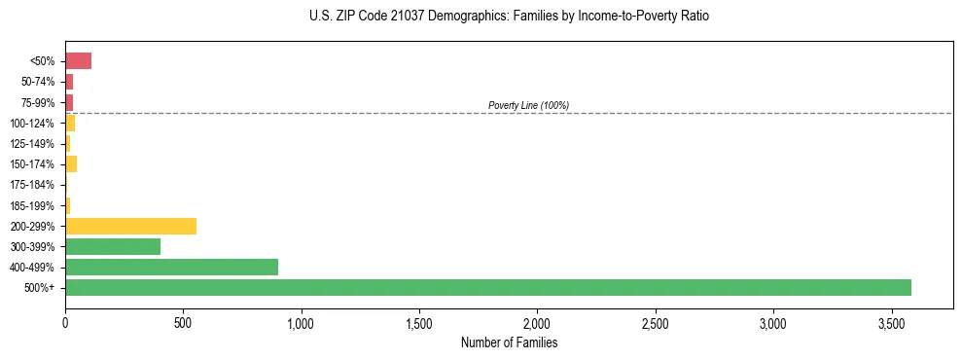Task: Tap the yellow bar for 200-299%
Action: tap(130, 226)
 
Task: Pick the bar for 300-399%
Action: tap(113, 246)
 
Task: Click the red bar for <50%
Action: tap(78, 61)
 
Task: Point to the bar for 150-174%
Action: tap(71, 163)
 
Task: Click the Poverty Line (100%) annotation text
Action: tap(528, 105)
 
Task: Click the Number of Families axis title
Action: tap(508, 342)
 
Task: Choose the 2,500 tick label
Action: tap(655, 321)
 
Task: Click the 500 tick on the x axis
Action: tap(183, 321)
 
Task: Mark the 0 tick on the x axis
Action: tap(65, 321)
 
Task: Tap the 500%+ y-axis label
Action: tap(41, 288)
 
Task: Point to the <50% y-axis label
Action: tap(43, 61)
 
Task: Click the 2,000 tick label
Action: tap(537, 321)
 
